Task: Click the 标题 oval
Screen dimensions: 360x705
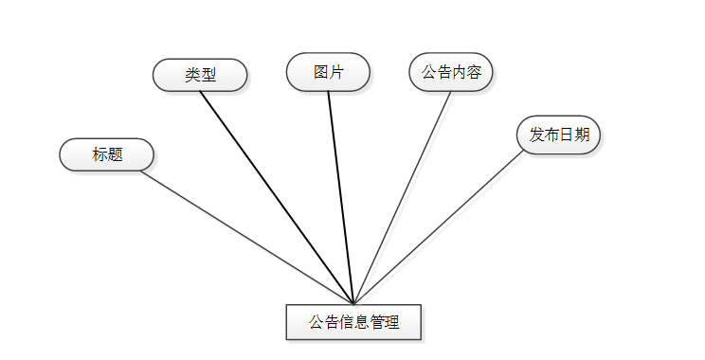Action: click(x=106, y=154)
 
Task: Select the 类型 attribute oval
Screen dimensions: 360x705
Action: click(x=200, y=75)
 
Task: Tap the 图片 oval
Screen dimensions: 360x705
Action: click(x=328, y=72)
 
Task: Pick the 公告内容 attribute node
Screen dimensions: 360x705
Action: click(x=451, y=72)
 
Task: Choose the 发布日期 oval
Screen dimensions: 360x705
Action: click(x=559, y=135)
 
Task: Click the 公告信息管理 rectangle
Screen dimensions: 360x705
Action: click(x=353, y=322)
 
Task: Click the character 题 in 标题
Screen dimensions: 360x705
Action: click(x=115, y=154)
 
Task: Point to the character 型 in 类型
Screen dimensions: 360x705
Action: click(x=208, y=75)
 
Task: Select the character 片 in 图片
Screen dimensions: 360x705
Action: click(x=336, y=72)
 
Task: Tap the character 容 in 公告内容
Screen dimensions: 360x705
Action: click(x=474, y=72)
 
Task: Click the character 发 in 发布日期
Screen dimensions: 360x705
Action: click(x=536, y=135)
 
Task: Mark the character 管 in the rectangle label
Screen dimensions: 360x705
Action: click(x=377, y=322)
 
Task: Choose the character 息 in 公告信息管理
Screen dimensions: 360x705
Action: click(x=361, y=322)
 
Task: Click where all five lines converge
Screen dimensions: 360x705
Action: click(x=353, y=303)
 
